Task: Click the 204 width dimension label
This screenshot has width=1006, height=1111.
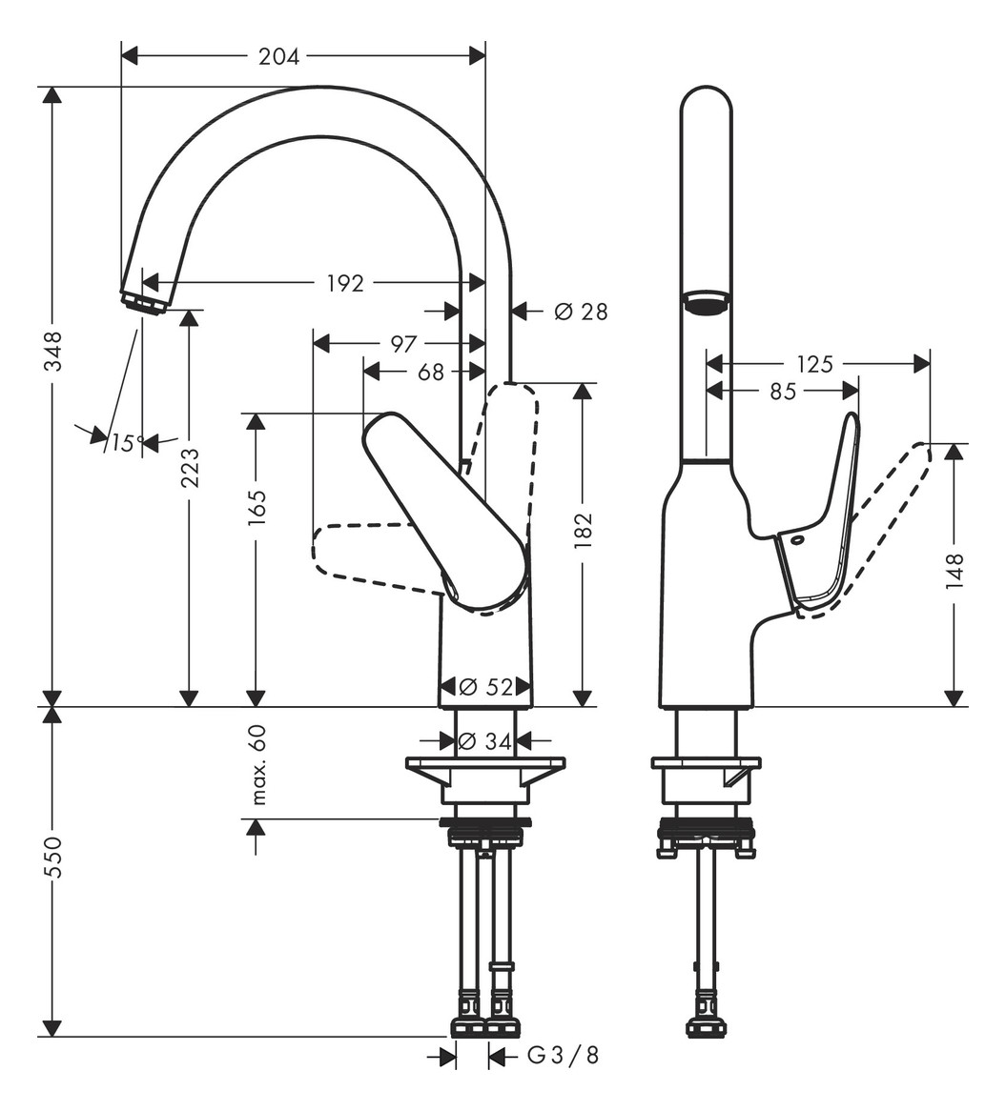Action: (x=278, y=57)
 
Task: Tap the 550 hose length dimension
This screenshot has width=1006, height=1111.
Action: (x=52, y=857)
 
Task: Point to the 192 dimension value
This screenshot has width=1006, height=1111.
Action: (x=345, y=283)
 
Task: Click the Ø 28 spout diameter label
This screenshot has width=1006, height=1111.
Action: (x=581, y=312)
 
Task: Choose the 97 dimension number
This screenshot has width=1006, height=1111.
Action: (x=403, y=344)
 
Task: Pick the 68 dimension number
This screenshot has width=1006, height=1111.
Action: (x=431, y=373)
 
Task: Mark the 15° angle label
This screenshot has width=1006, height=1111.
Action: (x=127, y=443)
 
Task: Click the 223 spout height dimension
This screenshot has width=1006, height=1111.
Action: (x=190, y=467)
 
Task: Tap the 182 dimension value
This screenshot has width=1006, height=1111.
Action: (x=584, y=531)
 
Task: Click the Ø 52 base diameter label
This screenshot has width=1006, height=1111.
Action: (x=486, y=687)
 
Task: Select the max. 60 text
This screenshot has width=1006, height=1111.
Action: (x=257, y=764)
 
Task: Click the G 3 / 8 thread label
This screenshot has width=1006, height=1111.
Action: (x=564, y=1056)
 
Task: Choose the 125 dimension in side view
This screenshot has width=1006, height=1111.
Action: (x=814, y=364)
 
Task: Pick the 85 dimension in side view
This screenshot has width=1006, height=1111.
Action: (x=783, y=392)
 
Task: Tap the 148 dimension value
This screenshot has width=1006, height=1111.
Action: (x=955, y=573)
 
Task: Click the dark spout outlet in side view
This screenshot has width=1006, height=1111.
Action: (x=706, y=304)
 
